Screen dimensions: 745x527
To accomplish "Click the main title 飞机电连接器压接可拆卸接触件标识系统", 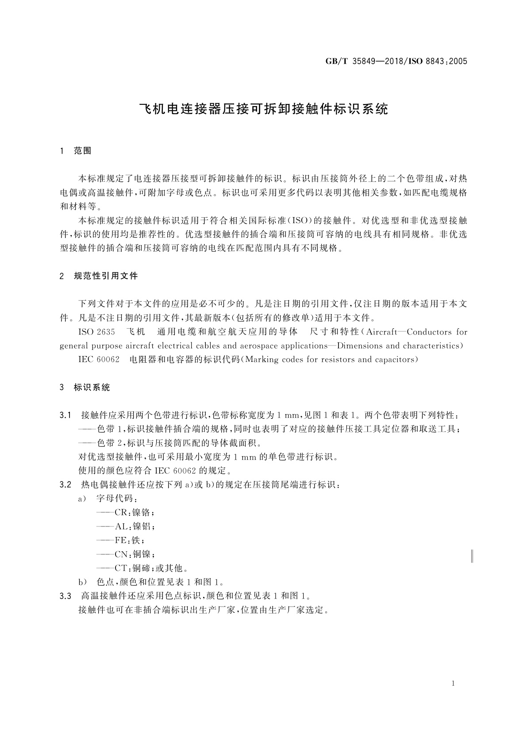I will point(264,109).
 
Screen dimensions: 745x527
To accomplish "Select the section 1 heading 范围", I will point(83,151).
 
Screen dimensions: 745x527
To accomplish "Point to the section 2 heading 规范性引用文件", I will point(106,276).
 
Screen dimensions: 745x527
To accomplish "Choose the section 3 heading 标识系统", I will point(92,388).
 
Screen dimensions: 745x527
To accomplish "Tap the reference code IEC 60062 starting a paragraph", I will point(99,359).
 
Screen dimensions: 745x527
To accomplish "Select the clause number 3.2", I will point(65,484).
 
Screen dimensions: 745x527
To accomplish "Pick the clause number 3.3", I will point(65,596).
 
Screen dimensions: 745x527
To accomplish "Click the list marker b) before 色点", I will point(82,582).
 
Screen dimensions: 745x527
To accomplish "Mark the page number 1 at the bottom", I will point(453,684).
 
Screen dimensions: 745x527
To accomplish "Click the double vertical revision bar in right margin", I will point(472,555).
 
